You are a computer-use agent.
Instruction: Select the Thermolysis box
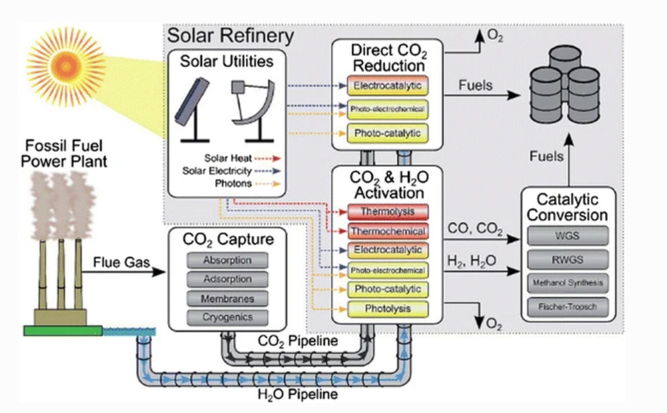[x=387, y=212]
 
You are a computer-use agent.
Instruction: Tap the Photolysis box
[x=387, y=308]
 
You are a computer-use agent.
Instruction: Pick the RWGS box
[x=568, y=259]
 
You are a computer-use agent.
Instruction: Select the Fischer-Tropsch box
[x=568, y=307]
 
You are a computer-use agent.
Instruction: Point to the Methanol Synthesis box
[x=568, y=283]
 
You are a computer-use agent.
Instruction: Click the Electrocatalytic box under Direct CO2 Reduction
[x=387, y=85]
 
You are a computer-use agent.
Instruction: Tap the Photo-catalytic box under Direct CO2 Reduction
[x=387, y=133]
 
